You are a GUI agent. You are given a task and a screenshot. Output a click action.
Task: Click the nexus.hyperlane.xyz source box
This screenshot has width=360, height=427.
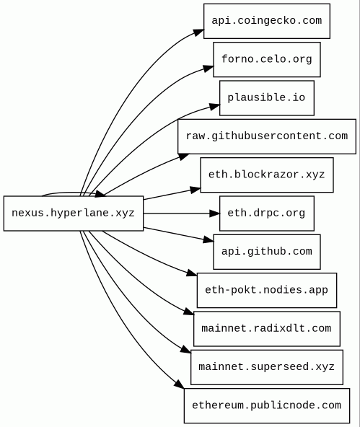click(x=74, y=213)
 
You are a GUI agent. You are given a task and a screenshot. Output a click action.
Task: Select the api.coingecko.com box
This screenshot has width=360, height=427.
click(x=267, y=21)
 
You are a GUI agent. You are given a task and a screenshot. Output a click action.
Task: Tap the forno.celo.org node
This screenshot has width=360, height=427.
click(x=267, y=59)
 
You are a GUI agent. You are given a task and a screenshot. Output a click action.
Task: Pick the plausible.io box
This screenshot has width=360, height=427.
click(x=267, y=98)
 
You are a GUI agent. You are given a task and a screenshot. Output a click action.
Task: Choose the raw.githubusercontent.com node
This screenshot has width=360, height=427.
click(x=267, y=136)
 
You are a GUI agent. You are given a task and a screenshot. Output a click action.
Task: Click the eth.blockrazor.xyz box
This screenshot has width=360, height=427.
click(x=267, y=175)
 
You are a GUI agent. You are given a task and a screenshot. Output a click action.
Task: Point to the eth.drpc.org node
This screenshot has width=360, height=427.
click(x=267, y=213)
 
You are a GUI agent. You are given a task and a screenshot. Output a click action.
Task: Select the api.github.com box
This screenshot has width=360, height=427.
click(x=267, y=252)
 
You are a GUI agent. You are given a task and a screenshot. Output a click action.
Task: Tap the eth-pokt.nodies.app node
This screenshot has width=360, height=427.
click(x=267, y=290)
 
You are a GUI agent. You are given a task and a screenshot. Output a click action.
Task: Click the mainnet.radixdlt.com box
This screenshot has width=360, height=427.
click(x=267, y=329)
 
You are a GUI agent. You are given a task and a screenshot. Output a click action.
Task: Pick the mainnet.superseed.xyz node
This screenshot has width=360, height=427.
click(x=267, y=367)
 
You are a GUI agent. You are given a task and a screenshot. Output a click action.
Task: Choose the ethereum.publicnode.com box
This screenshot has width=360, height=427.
click(x=267, y=406)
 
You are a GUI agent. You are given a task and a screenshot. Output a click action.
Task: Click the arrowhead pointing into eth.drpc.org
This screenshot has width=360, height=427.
click(x=214, y=213)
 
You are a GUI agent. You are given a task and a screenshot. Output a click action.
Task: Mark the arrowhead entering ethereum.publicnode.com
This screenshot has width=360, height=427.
click(x=180, y=384)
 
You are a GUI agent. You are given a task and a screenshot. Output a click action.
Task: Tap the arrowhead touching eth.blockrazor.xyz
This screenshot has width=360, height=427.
click(x=196, y=190)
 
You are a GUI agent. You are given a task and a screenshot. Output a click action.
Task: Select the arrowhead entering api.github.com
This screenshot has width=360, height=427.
click(x=208, y=239)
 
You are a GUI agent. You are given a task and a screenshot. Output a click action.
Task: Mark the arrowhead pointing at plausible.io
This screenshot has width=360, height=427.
click(x=214, y=107)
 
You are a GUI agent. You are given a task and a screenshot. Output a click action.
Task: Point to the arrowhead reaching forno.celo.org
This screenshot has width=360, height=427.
click(x=208, y=69)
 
